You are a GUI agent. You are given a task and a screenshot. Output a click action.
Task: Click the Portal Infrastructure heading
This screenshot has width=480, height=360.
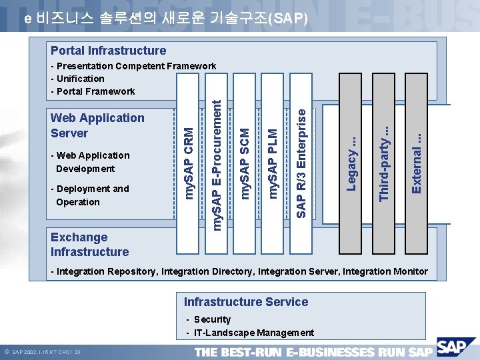109,51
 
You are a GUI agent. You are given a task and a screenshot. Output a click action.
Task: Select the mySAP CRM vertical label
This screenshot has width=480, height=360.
190,155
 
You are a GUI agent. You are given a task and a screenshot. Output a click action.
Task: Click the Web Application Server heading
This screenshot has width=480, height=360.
97,125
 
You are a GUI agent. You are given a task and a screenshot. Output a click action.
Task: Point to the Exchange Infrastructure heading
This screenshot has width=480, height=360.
89,245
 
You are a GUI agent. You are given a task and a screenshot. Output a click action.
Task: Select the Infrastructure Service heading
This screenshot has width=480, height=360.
246,302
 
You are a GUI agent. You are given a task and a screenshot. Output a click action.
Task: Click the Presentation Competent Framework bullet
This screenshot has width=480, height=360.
136,66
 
